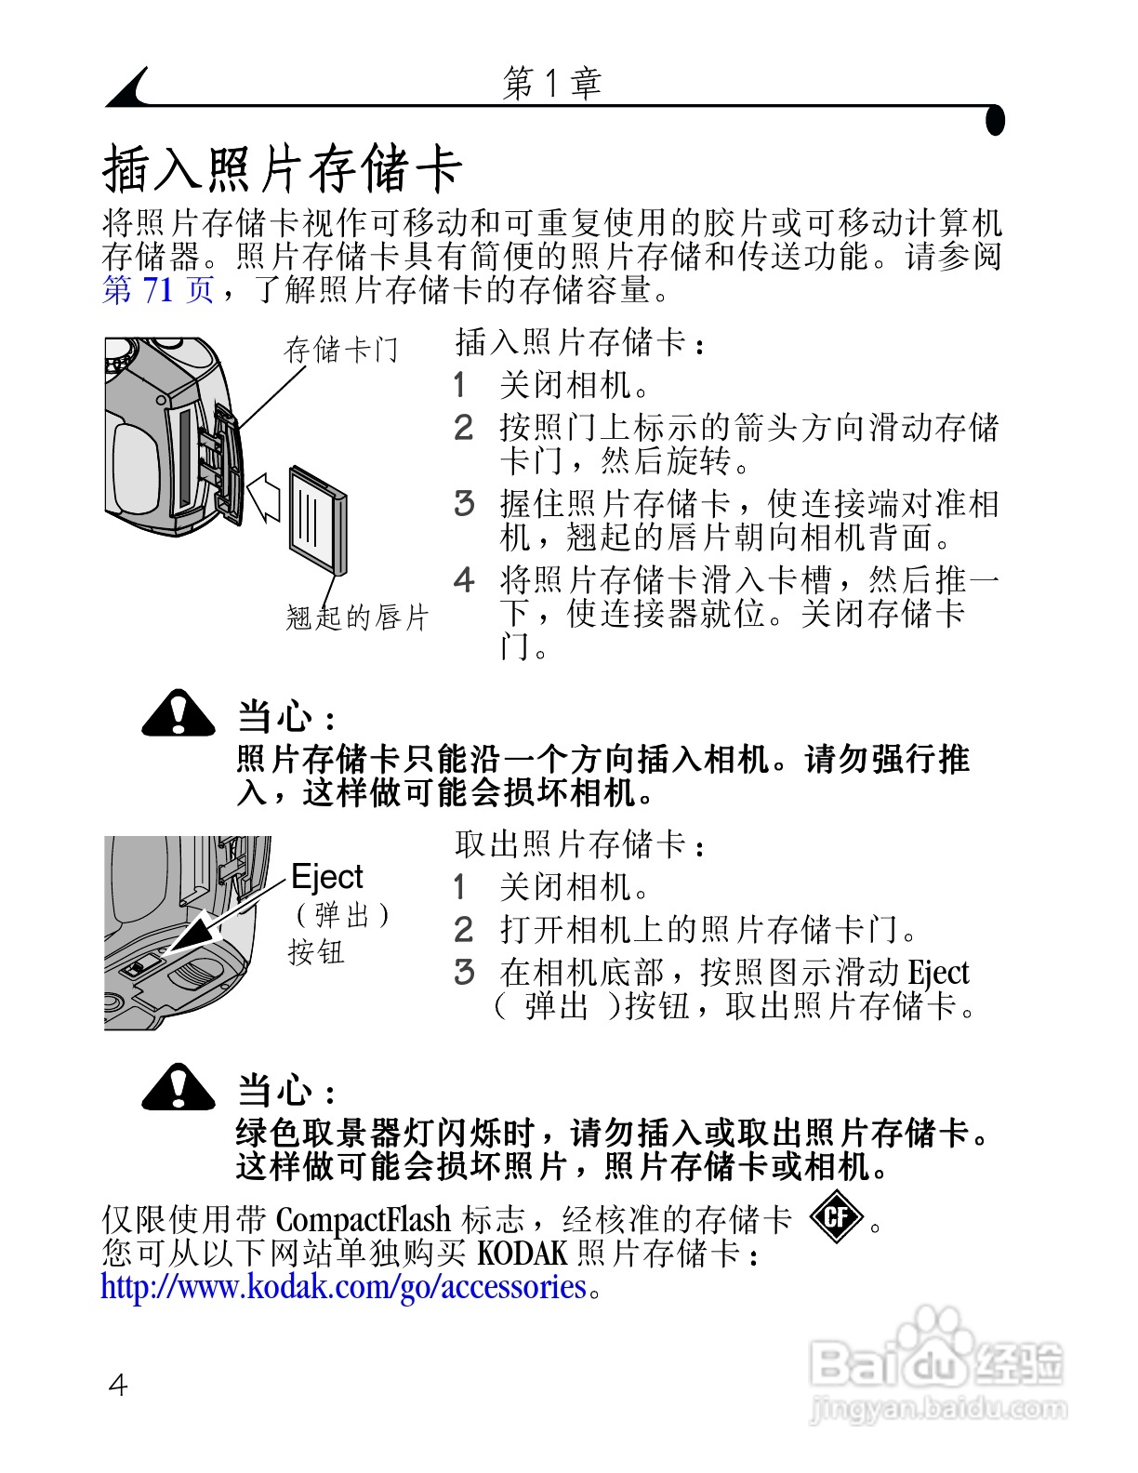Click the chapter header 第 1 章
(552, 84)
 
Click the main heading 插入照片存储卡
(282, 169)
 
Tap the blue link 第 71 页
(158, 289)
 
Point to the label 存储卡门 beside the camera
(341, 350)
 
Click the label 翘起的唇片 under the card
(357, 617)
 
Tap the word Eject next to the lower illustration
(326, 877)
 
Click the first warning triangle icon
(179, 714)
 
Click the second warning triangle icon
(179, 1088)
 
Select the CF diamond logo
(836, 1216)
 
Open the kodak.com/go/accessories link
(343, 1287)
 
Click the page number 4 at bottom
(118, 1386)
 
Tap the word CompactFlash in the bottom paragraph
(364, 1219)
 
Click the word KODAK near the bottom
(522, 1254)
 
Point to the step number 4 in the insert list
(464, 581)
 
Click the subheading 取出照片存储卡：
(580, 844)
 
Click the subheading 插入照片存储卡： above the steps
(580, 342)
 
